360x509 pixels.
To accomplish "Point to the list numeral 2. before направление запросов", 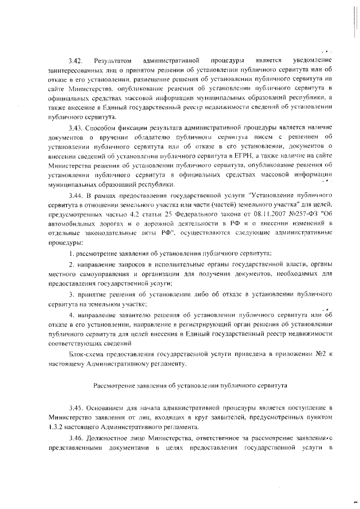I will coord(71,265).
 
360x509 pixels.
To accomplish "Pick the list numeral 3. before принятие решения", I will coord(71,295).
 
